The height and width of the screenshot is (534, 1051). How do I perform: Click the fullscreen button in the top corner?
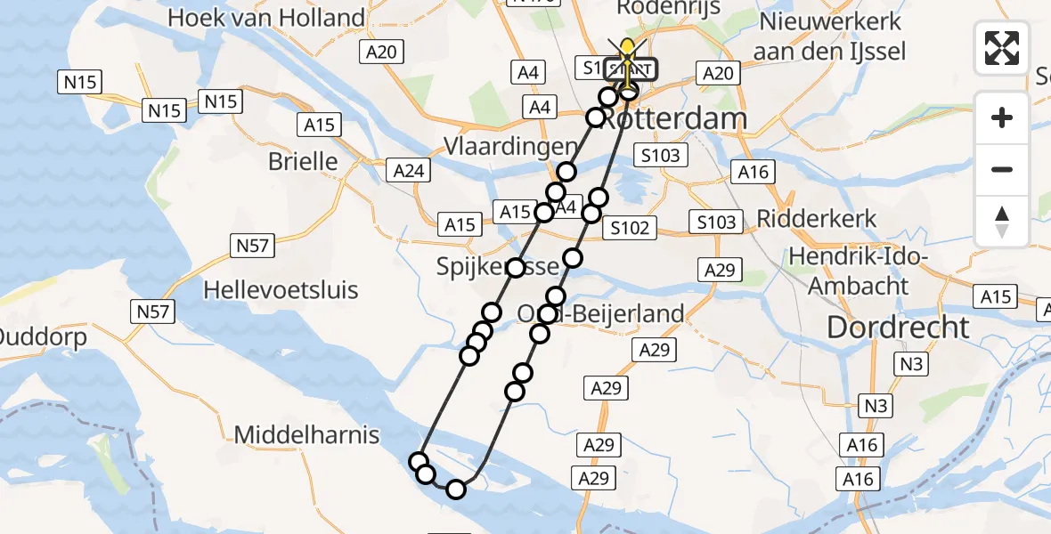pyautogui.click(x=1002, y=47)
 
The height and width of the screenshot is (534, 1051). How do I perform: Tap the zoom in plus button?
pyautogui.click(x=1002, y=117)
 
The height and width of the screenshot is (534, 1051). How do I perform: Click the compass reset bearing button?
pyautogui.click(x=1002, y=222)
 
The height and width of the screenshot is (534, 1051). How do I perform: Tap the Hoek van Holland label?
pyautogui.click(x=266, y=18)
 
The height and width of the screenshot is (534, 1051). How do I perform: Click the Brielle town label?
pyautogui.click(x=303, y=161)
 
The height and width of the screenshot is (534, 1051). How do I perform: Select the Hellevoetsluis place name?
pyautogui.click(x=281, y=289)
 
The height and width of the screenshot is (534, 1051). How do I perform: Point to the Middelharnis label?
pyautogui.click(x=306, y=435)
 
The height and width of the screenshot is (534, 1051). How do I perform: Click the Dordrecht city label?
pyautogui.click(x=898, y=327)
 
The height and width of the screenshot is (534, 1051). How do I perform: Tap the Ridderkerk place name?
pyautogui.click(x=817, y=218)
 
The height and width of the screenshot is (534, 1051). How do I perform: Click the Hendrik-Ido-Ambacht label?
pyautogui.click(x=859, y=271)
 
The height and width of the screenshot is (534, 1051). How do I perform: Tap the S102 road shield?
pyautogui.click(x=630, y=228)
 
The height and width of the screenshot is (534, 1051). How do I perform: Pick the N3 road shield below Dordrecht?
pyautogui.click(x=913, y=363)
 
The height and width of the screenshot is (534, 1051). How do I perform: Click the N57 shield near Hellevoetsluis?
pyautogui.click(x=156, y=311)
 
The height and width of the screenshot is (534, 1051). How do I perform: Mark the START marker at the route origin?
pyautogui.click(x=631, y=69)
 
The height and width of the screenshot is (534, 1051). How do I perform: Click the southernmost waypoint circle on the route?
pyautogui.click(x=456, y=489)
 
